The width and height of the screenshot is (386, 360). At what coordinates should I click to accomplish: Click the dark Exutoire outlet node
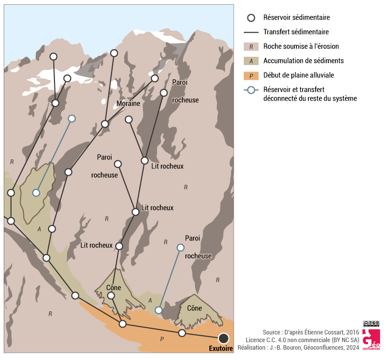224,338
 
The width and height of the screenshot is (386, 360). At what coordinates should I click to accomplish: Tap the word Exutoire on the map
221,349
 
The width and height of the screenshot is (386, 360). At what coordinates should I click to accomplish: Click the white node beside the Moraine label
128,120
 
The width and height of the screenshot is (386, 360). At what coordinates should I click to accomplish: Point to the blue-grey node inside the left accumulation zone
36,193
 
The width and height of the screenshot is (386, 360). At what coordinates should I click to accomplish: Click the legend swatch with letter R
251,47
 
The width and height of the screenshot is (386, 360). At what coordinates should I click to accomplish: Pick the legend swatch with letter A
251,61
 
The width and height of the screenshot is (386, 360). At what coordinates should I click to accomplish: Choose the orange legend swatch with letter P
251,75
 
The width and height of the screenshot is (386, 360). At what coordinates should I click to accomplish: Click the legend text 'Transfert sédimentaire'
296,32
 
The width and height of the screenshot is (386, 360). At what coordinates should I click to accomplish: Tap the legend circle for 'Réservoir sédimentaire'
251,17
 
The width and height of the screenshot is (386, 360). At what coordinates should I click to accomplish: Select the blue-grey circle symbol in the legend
251,89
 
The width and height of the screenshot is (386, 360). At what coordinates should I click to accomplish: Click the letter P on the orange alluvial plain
162,338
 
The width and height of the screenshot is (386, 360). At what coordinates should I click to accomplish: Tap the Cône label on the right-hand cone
194,308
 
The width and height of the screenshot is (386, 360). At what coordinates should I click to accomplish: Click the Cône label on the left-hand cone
114,288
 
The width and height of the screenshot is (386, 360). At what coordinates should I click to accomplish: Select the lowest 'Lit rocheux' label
97,246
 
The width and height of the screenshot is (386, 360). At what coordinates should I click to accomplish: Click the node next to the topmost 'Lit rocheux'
144,160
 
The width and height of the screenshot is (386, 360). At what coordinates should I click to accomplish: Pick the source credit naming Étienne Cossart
310,332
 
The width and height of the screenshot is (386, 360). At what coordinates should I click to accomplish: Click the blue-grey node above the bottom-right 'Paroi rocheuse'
180,248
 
